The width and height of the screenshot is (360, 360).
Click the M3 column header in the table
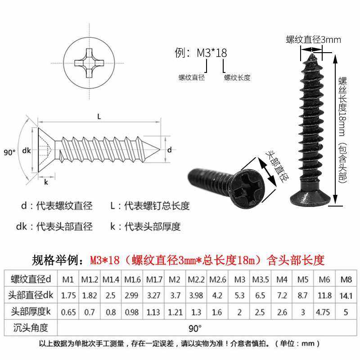pyautogui.click(x=240, y=279)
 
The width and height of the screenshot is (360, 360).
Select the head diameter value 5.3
pyautogui.click(x=240, y=295)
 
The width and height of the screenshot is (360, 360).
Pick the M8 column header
pyautogui.click(x=346, y=279)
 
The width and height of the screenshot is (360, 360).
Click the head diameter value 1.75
pyautogui.click(x=68, y=295)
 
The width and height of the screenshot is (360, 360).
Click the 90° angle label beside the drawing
pyautogui.click(x=9, y=152)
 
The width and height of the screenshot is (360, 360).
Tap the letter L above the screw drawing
pyautogui.click(x=99, y=117)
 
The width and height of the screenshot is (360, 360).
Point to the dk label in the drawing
pyautogui.click(x=26, y=151)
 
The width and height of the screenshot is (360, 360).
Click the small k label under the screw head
pyautogui.click(x=46, y=182)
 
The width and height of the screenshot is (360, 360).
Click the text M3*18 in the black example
pyautogui.click(x=211, y=53)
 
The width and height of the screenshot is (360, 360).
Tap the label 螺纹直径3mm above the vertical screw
pyautogui.click(x=313, y=40)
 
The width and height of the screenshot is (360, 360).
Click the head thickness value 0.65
pyautogui.click(x=68, y=311)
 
